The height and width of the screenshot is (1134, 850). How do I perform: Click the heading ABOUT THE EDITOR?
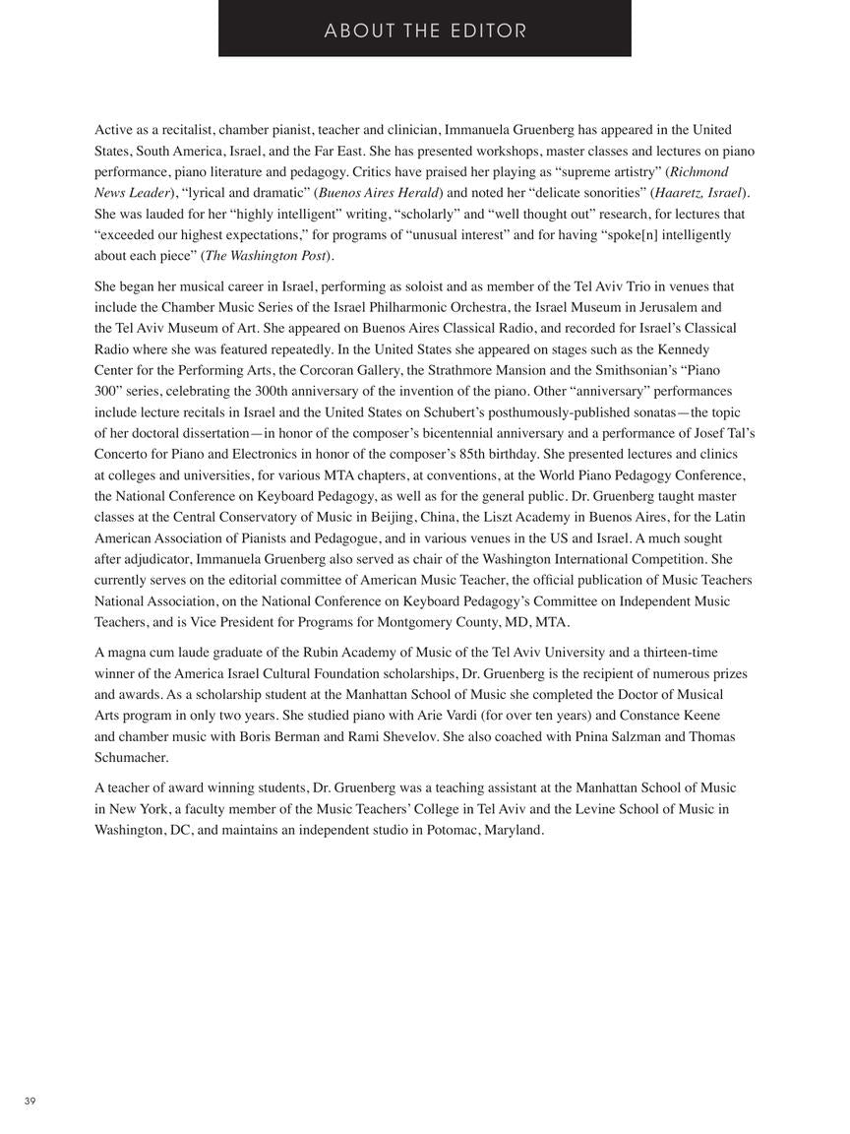tap(425, 31)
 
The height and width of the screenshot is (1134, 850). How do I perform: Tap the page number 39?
tap(30, 1101)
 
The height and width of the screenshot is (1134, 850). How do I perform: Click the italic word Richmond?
tap(698, 171)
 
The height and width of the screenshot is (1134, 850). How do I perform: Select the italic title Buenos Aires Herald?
tap(379, 193)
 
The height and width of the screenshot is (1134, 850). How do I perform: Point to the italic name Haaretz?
tap(680, 193)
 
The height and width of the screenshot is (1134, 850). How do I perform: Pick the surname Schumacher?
tap(131, 757)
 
